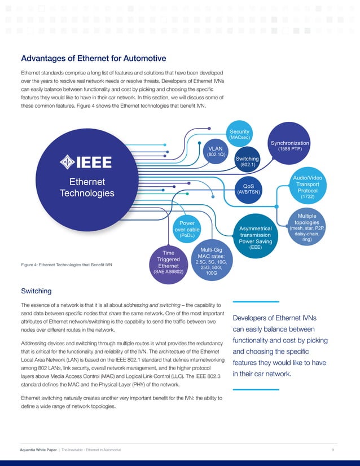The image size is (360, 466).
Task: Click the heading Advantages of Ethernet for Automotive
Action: click(x=93, y=58)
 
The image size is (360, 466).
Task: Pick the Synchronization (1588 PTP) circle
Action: click(x=290, y=146)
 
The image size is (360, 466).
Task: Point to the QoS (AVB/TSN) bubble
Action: click(x=248, y=188)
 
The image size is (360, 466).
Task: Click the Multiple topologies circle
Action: click(x=306, y=227)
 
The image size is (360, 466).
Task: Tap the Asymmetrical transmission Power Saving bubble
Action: click(x=256, y=235)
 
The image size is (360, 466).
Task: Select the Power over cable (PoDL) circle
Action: click(x=187, y=230)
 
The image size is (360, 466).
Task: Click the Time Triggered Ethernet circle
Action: click(x=168, y=263)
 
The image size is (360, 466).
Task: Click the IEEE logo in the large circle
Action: click(x=86, y=162)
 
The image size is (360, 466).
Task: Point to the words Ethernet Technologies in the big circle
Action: click(x=86, y=188)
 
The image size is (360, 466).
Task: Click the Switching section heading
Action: click(x=36, y=291)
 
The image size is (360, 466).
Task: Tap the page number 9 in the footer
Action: click(x=333, y=449)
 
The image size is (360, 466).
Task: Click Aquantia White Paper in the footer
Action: click(x=38, y=449)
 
